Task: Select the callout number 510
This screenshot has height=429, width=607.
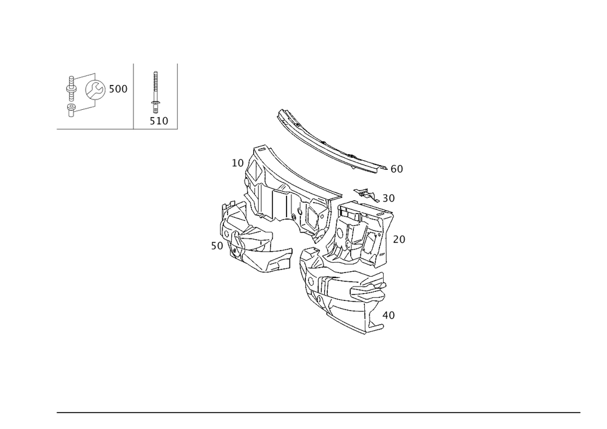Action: pyautogui.click(x=159, y=121)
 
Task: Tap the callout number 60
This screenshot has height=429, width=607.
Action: pyautogui.click(x=396, y=169)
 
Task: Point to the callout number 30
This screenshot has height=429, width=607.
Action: pyautogui.click(x=388, y=198)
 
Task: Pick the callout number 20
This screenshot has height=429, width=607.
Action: pyautogui.click(x=398, y=240)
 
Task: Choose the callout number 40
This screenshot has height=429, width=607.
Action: pyautogui.click(x=388, y=316)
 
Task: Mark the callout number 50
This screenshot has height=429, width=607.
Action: pyautogui.click(x=217, y=246)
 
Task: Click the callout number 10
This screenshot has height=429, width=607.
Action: pyautogui.click(x=237, y=163)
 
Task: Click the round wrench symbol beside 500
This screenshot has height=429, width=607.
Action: pyautogui.click(x=95, y=90)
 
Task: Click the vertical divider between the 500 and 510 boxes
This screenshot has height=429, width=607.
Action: pyautogui.click(x=134, y=94)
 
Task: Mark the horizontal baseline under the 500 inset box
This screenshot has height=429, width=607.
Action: pyautogui.click(x=95, y=129)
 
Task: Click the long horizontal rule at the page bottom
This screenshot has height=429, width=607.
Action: pyautogui.click(x=319, y=411)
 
